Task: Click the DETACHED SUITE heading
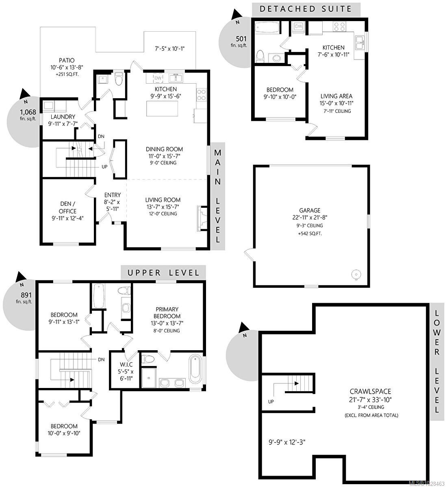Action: coord(306,9)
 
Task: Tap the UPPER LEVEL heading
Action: coord(163,273)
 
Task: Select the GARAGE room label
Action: coord(310,210)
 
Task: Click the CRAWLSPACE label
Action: coord(370,392)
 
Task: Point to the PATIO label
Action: coord(66,60)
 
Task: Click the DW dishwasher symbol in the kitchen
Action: coord(158,78)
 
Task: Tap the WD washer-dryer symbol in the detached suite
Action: coord(298,26)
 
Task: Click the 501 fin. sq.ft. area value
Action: coord(241,39)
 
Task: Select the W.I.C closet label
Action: coord(126,364)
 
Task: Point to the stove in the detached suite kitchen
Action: coord(339,26)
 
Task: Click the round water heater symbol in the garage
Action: coord(356,274)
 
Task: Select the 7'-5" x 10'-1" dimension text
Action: coord(169,48)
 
